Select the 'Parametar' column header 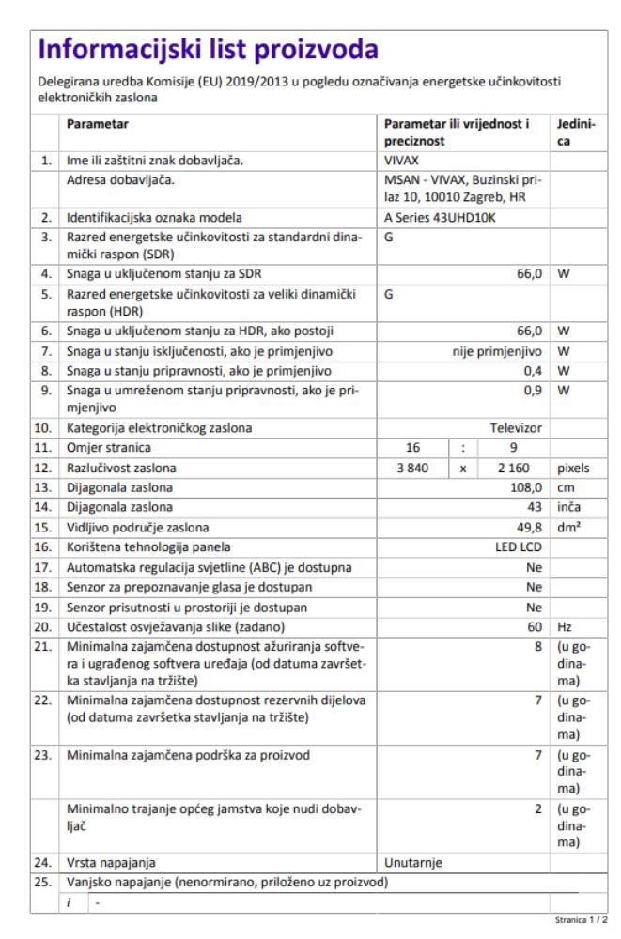pos(98,123)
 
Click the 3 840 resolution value pos(412,467)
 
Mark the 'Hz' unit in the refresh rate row pos(565,624)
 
